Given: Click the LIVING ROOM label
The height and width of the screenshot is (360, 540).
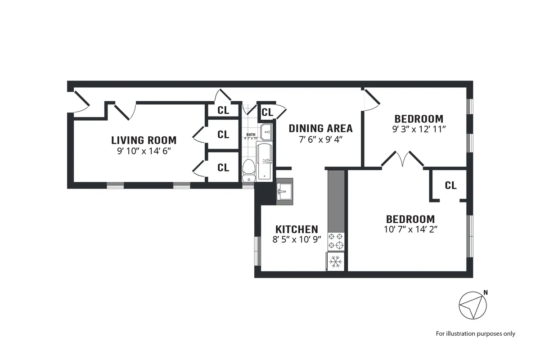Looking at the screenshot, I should [x=144, y=140].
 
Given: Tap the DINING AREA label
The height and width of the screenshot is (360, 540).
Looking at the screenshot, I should [x=320, y=128].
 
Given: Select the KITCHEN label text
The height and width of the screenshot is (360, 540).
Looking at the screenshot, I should [x=297, y=229].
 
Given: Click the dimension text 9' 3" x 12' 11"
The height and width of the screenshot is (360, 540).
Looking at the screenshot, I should [x=418, y=129].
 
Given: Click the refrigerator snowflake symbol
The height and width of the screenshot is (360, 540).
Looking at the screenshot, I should [x=335, y=261].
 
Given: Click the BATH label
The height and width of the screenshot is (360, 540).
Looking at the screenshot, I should [x=250, y=135].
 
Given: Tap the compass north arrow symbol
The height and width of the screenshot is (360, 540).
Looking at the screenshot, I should [x=472, y=306].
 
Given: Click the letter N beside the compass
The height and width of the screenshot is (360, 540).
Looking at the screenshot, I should [x=485, y=292].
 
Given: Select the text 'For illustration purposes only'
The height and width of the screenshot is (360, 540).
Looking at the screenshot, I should [x=475, y=333].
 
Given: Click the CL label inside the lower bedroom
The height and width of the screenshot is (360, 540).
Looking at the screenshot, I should [x=450, y=185].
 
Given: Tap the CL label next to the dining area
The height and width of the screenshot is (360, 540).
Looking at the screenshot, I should [x=267, y=112].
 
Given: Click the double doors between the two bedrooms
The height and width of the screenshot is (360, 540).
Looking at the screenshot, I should [x=403, y=160].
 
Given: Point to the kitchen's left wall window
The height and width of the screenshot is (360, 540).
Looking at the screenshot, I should [x=257, y=251].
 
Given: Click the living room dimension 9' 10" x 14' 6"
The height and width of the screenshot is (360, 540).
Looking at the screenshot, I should [x=144, y=151].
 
